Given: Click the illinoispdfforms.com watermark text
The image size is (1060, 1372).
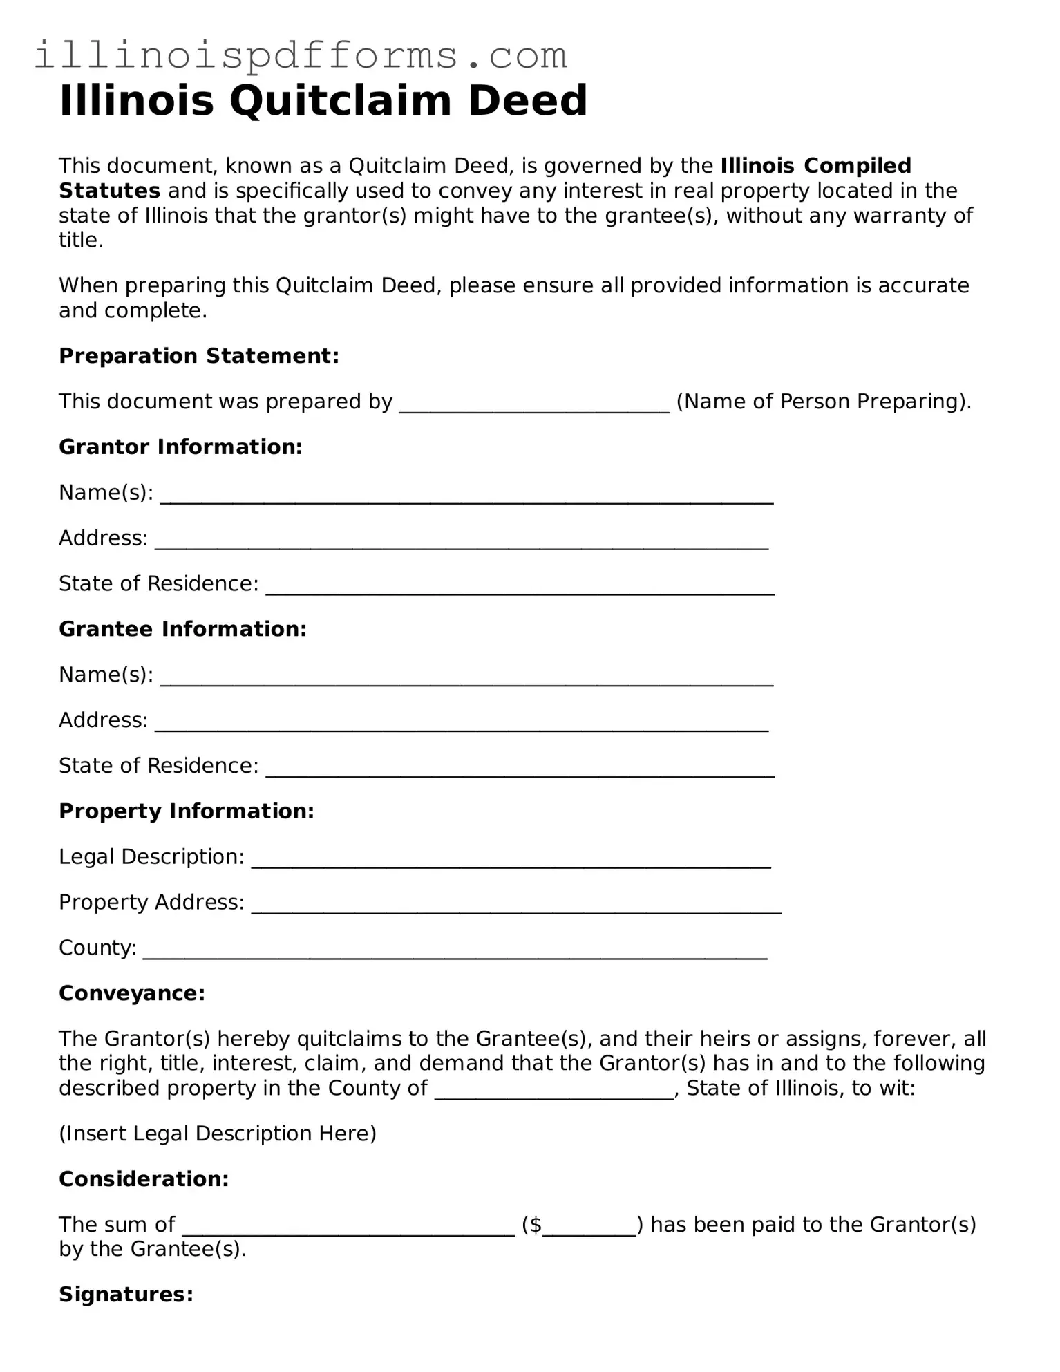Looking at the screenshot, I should point(301,55).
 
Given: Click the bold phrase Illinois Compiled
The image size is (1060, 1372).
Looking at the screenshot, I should point(815,166).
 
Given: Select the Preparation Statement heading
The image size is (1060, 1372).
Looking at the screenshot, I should point(199,356).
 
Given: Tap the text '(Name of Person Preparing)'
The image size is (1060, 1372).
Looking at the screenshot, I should point(823,402).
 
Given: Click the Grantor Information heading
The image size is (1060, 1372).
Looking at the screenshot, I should point(180,447).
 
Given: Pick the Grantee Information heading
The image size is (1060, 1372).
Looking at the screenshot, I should point(182,629).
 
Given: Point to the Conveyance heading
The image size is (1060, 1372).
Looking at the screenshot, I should point(132,993).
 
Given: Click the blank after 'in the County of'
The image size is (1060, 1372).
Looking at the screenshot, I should point(553,1090).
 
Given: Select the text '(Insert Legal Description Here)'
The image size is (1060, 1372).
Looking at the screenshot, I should point(218,1134).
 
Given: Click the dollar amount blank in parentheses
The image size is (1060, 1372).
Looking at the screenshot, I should point(589,1226).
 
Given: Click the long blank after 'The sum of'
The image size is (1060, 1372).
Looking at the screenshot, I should point(348,1226).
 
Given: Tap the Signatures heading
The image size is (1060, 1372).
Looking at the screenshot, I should point(126,1294).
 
